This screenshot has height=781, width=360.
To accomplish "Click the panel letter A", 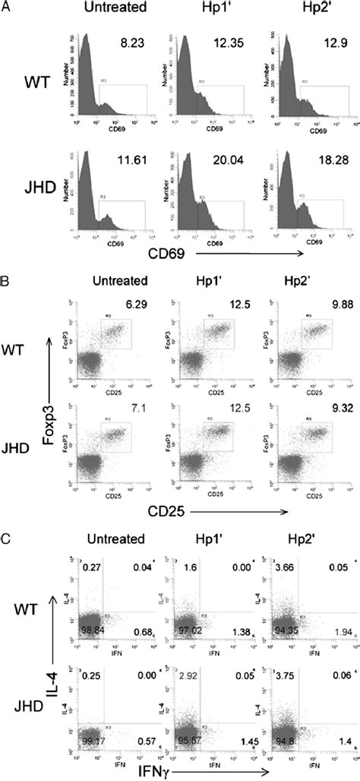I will click(6, 5).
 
